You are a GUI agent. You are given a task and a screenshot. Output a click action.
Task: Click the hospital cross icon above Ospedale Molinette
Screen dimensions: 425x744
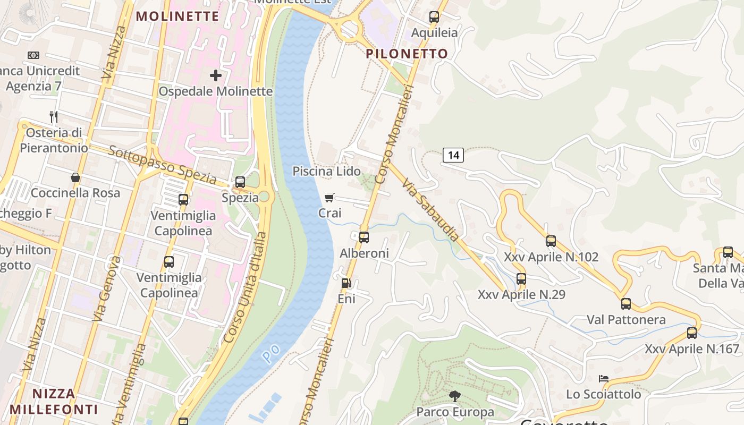click(215, 75)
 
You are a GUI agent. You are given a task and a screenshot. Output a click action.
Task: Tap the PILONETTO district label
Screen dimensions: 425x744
click(407, 54)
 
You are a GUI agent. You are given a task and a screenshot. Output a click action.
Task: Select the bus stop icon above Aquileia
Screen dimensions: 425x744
click(434, 17)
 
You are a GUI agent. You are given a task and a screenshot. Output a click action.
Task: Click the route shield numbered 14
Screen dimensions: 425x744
click(453, 155)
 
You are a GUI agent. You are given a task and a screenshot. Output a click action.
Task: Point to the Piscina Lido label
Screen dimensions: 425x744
click(326, 171)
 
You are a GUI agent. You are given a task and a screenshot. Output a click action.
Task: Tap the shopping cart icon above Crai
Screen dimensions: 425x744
click(329, 198)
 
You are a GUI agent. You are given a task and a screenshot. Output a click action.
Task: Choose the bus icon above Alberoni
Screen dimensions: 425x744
click(364, 237)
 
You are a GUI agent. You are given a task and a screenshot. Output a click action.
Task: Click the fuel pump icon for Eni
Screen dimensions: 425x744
click(346, 284)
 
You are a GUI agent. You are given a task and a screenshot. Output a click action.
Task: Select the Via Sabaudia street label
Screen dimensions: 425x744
click(430, 210)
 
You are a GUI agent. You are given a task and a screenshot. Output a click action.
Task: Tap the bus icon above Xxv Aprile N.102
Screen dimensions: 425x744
click(551, 241)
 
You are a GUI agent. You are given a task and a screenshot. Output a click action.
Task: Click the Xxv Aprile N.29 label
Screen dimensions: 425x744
click(521, 294)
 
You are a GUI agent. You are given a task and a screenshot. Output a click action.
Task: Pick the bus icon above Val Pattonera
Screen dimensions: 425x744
click(626, 304)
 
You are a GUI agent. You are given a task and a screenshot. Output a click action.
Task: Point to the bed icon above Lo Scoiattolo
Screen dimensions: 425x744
click(603, 379)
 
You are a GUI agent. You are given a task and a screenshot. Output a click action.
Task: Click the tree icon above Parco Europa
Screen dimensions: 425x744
click(454, 396)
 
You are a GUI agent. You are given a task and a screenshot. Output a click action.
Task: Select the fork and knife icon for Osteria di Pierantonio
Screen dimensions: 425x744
click(53, 117)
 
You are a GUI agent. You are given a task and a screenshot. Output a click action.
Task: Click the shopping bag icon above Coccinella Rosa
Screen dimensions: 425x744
click(75, 177)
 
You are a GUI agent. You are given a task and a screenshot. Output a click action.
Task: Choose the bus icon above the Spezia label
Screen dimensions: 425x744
click(240, 182)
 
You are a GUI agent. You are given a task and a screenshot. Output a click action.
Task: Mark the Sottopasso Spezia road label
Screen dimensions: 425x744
click(162, 165)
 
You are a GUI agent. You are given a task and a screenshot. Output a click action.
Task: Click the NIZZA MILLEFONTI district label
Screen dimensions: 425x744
click(53, 402)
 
